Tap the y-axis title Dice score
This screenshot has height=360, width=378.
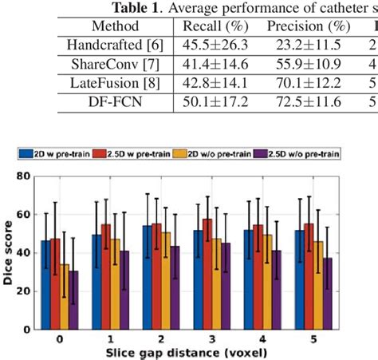pos(9,251)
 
